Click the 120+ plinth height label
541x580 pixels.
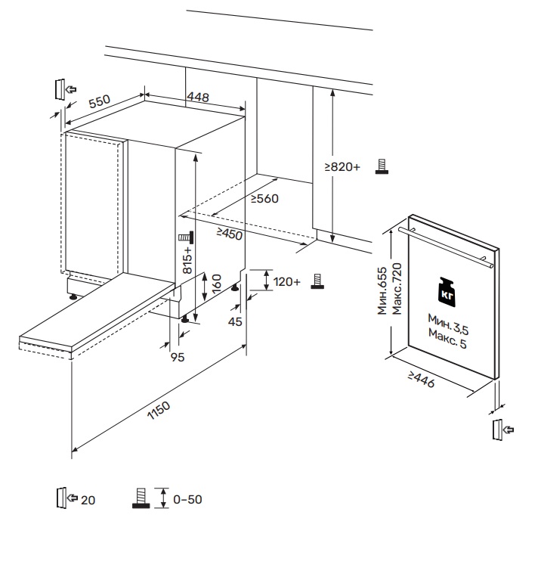coord(287,282)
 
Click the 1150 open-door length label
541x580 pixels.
coord(159,409)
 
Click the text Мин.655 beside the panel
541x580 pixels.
coord(383,290)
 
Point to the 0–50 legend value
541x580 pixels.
coord(188,500)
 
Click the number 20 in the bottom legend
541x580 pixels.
coord(88,500)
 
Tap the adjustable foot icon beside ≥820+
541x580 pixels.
coord(382,167)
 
